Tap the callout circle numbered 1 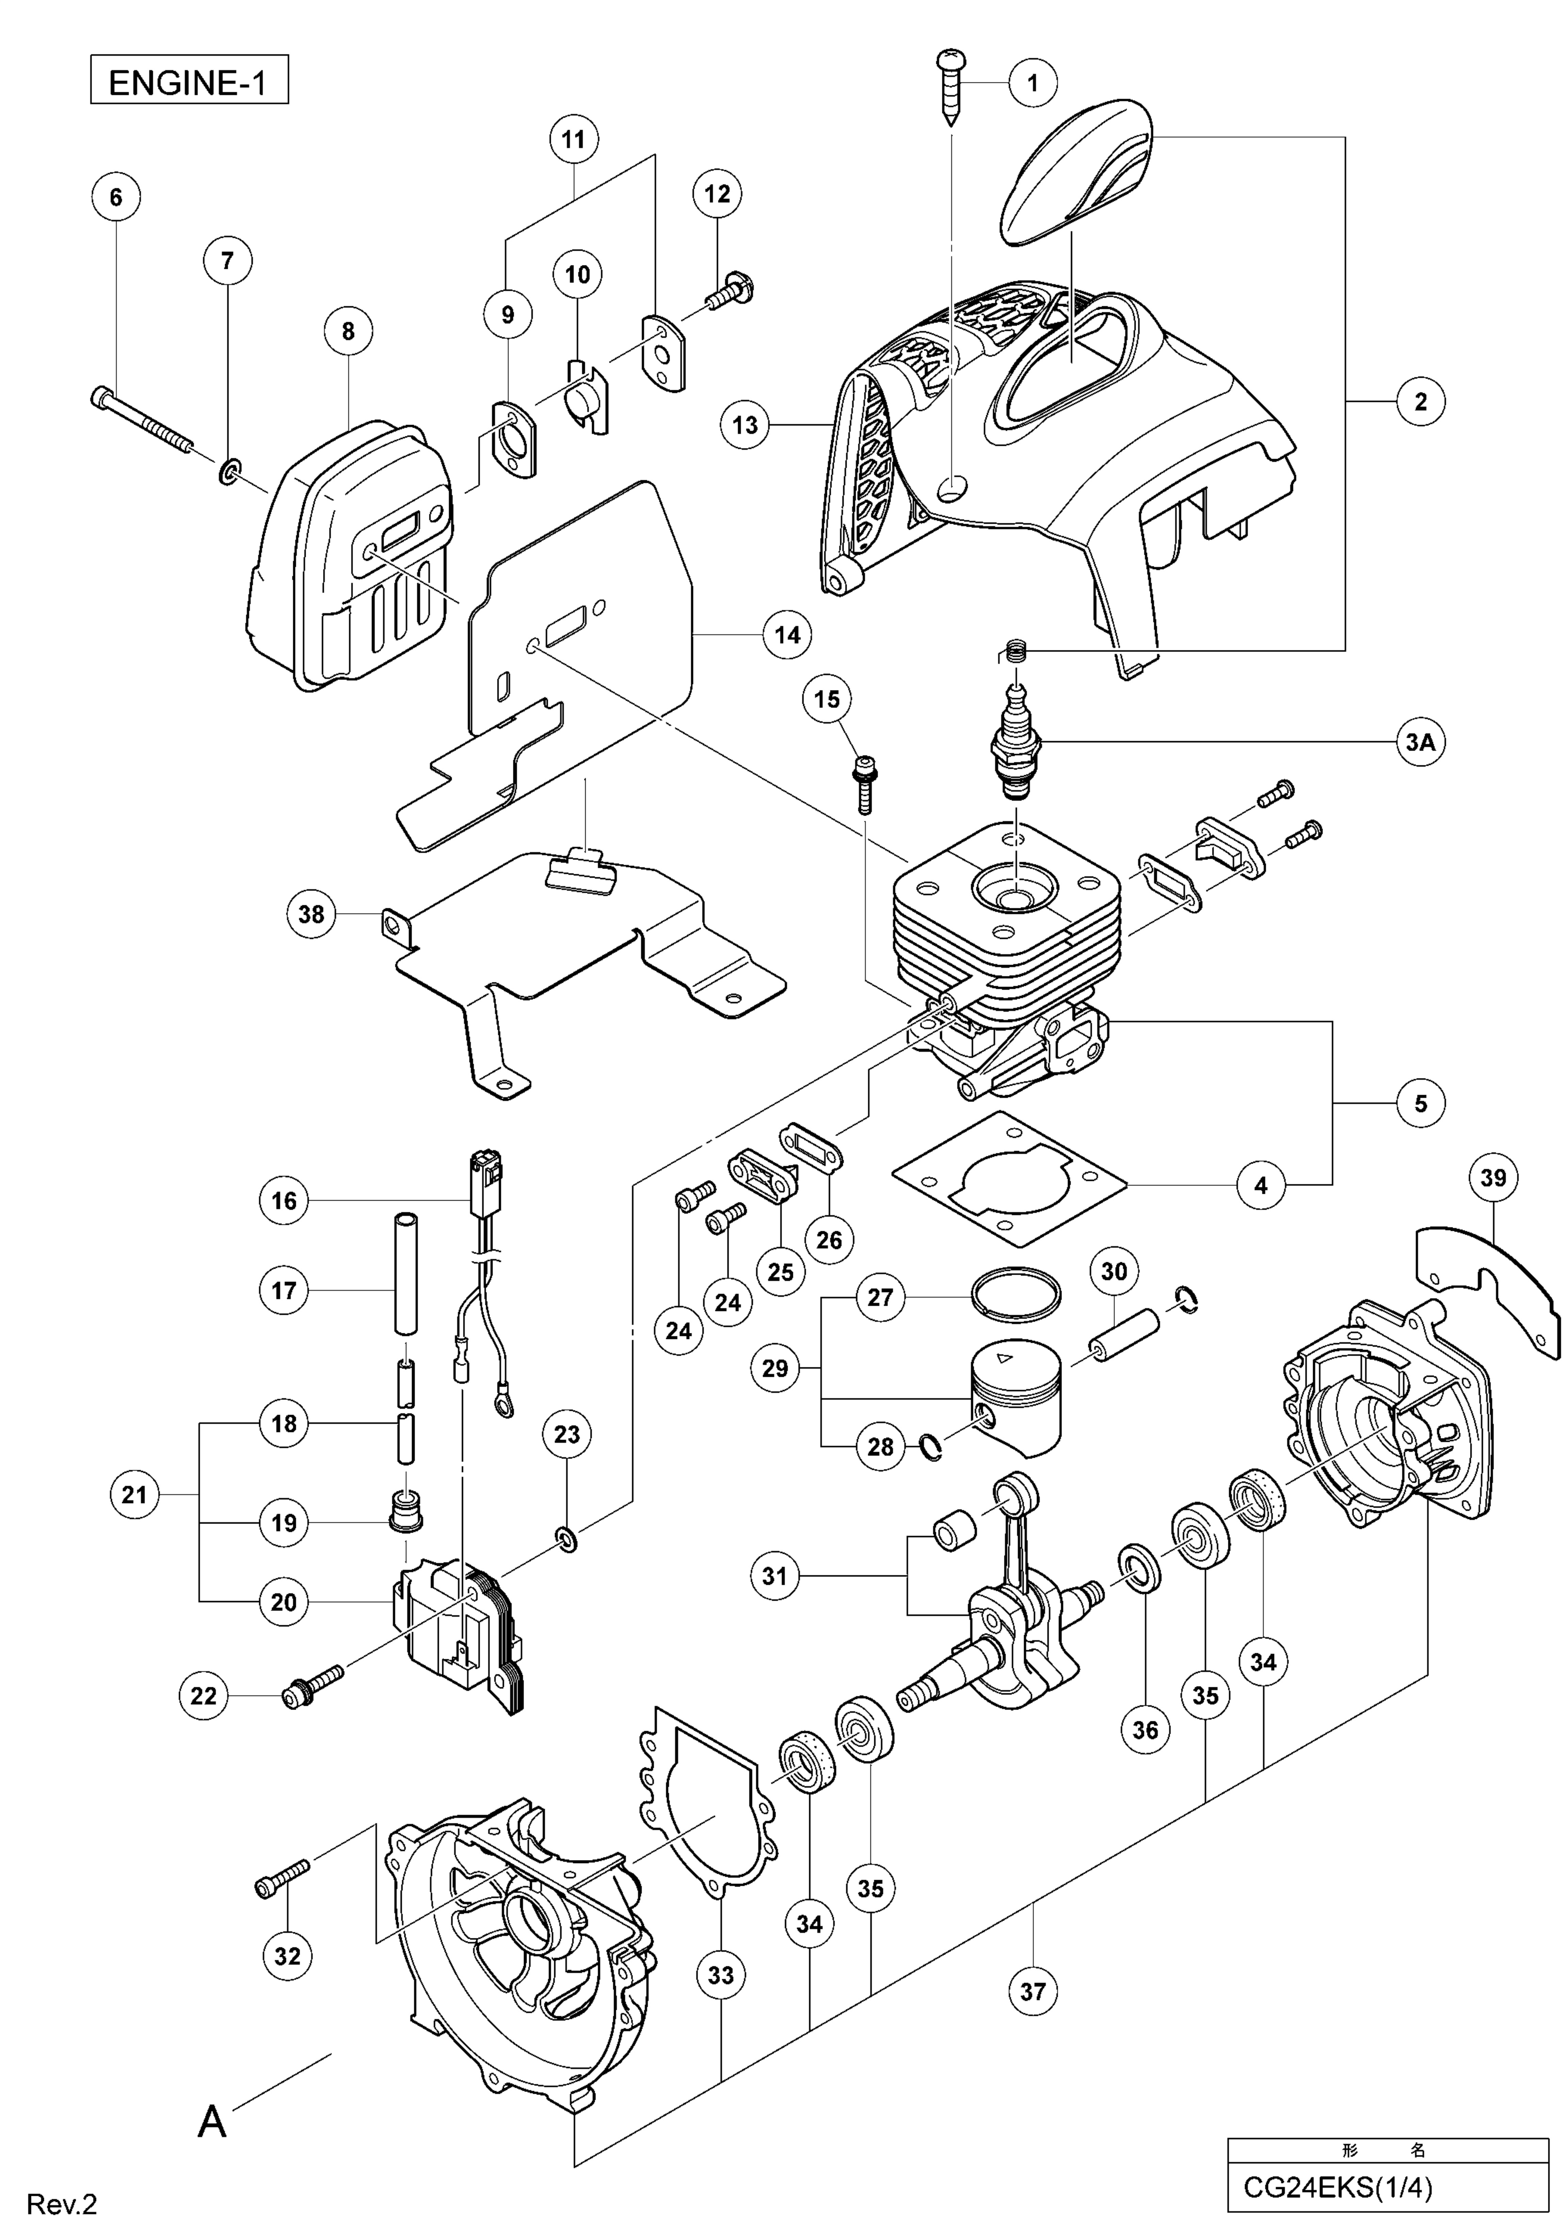coord(1032,83)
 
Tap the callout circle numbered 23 coord(567,1434)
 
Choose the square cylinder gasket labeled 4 coord(1009,1179)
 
